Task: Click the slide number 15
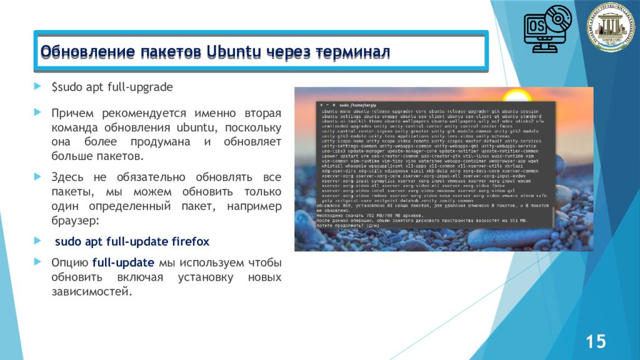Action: (595, 341)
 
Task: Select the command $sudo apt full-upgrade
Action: (112, 86)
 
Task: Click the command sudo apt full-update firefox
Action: (132, 241)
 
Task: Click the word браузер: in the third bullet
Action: (72, 221)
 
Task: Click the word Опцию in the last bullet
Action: (69, 262)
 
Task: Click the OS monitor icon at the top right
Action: (545, 29)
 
